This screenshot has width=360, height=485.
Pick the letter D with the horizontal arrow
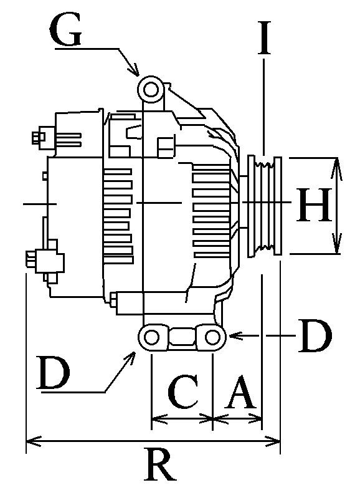[x=316, y=337]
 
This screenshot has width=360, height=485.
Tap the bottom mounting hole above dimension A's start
[x=212, y=337]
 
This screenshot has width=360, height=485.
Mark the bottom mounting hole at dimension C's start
[x=151, y=337]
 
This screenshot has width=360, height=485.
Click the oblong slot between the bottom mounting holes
[x=181, y=338]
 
